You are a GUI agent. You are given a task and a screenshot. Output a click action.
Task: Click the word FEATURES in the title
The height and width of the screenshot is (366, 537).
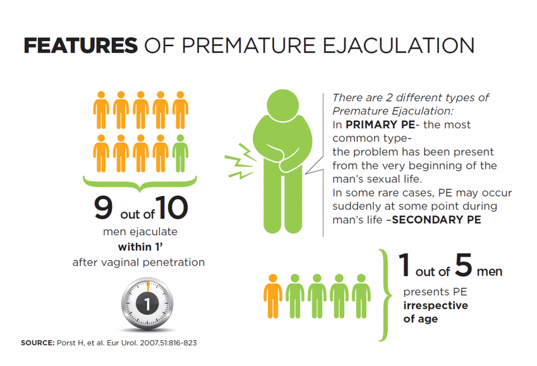(80, 46)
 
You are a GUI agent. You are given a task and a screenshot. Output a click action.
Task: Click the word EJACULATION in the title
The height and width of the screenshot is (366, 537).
(399, 46)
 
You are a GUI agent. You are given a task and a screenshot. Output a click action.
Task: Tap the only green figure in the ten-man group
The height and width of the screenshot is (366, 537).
(180, 153)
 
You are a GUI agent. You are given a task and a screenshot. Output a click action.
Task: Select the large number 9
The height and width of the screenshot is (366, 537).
(104, 207)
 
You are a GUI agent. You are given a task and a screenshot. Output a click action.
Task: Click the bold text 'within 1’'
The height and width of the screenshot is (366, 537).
(140, 247)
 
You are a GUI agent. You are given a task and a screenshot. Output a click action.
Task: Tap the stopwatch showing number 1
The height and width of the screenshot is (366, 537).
(147, 303)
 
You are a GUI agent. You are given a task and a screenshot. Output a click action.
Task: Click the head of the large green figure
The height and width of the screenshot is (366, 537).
(283, 105)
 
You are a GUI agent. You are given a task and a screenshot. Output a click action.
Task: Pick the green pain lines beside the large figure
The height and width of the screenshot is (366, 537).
(240, 161)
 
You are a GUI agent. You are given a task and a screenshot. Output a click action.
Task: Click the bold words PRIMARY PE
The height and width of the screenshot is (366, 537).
(380, 125)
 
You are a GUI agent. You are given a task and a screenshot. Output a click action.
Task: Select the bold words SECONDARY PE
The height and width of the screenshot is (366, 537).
(437, 220)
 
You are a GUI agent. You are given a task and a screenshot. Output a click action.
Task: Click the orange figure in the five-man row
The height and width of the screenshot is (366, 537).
(273, 296)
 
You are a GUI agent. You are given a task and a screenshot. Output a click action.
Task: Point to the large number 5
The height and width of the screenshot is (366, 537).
(464, 264)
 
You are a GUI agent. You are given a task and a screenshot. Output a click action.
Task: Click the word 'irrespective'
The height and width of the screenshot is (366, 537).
(436, 305)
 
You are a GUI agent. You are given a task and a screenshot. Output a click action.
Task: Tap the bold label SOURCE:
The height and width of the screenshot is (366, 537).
(38, 343)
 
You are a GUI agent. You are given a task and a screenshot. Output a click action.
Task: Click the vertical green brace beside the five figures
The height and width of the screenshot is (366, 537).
(386, 295)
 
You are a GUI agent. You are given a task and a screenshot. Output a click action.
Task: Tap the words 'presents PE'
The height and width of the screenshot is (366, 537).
(435, 291)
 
